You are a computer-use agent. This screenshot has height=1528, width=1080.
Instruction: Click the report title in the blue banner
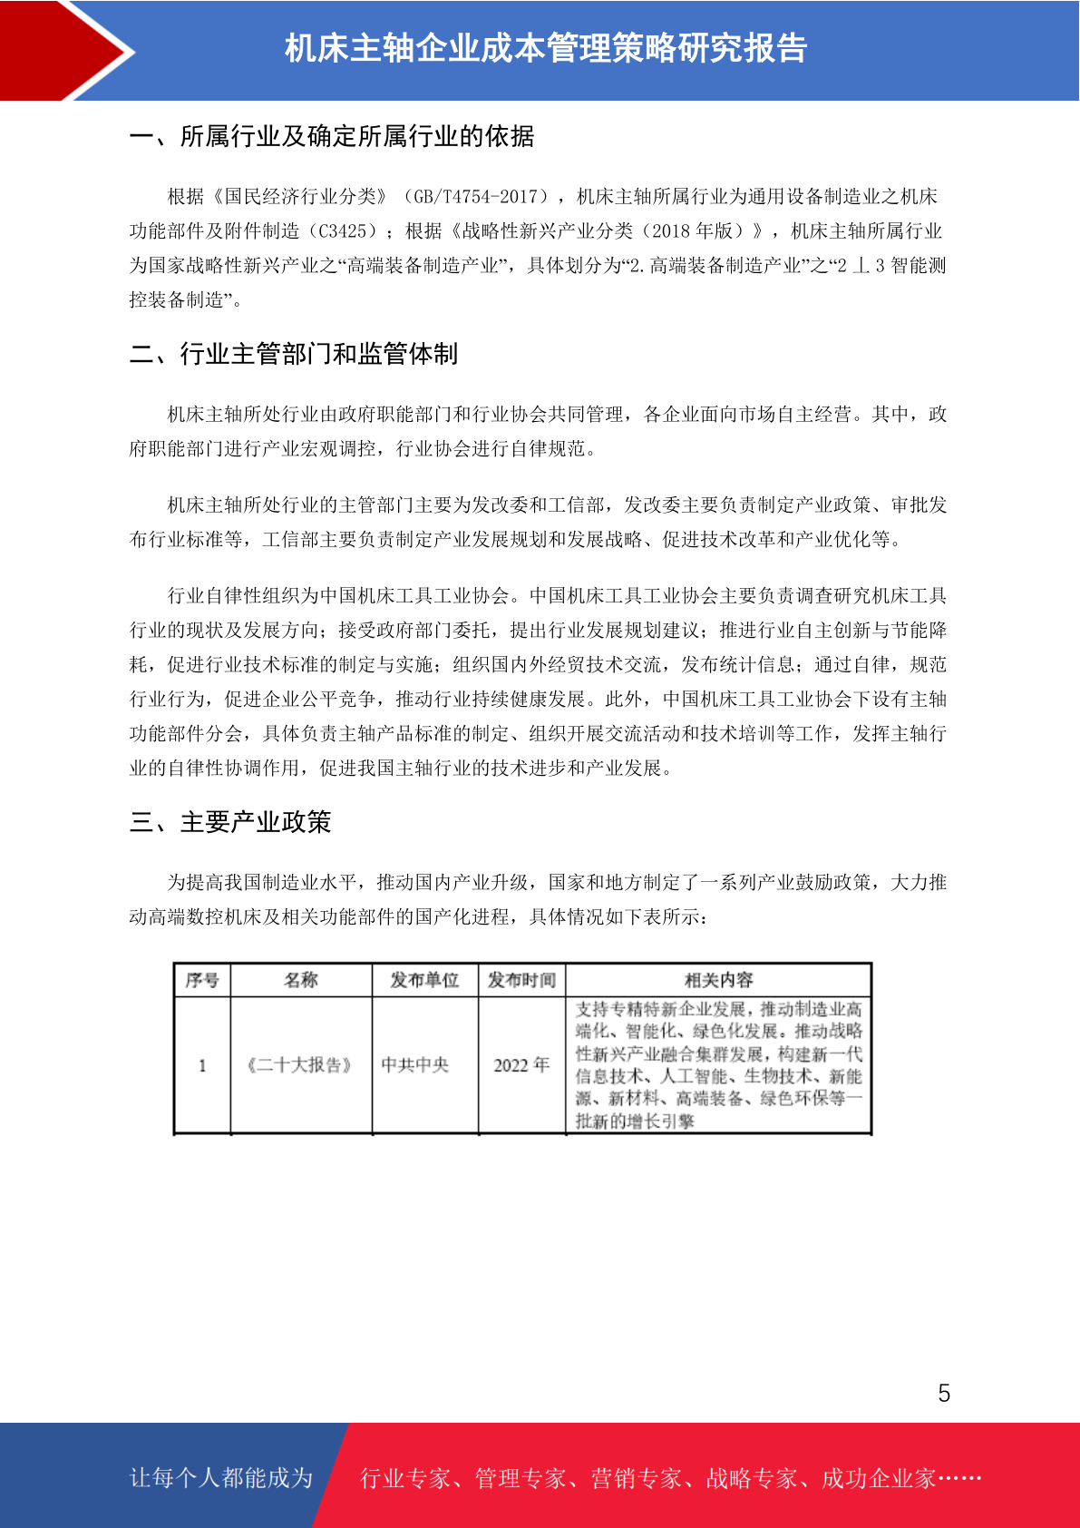[546, 49]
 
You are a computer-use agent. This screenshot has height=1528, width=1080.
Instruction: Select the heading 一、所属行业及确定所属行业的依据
[332, 136]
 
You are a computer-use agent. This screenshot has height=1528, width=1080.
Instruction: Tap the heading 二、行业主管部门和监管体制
[294, 354]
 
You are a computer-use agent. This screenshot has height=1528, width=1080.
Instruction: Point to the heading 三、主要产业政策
[230, 822]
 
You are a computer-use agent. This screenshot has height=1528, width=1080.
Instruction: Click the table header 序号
[202, 980]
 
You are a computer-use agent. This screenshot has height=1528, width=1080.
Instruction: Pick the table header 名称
[301, 980]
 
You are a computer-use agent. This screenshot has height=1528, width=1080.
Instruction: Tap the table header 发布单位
[424, 980]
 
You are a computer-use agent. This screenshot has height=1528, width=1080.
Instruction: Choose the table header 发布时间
[521, 980]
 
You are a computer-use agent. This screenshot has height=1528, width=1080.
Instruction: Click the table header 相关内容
[718, 980]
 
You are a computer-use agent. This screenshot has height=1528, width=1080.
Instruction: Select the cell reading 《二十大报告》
[300, 1065]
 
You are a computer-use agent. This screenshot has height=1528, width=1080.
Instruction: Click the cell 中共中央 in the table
[415, 1065]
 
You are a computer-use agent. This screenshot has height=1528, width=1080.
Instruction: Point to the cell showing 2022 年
[521, 1065]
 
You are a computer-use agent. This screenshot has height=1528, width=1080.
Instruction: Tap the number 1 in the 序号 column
[202, 1065]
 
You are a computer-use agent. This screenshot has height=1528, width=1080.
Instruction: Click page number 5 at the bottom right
[944, 1394]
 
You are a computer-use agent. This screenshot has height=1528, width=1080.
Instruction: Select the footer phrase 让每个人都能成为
[221, 1478]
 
